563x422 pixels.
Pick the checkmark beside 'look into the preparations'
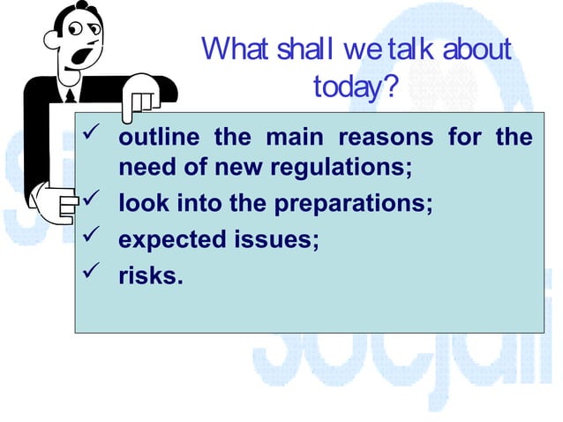click(x=90, y=205)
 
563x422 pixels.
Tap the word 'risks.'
click(x=151, y=276)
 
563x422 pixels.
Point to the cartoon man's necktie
click(x=71, y=94)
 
